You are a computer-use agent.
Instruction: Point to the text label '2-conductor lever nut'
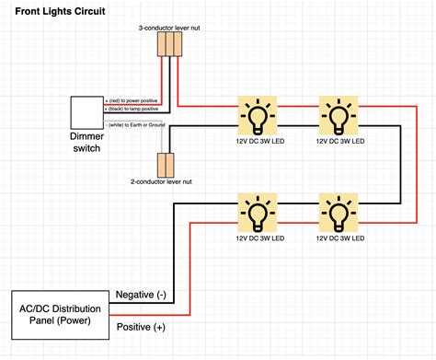pyautogui.click(x=161, y=183)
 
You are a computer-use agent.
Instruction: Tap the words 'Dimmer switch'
pyautogui.click(x=88, y=143)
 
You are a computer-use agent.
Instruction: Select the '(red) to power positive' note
pyautogui.click(x=136, y=99)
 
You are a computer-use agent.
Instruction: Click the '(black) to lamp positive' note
pyautogui.click(x=136, y=109)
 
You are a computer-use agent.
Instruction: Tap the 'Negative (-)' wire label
pyautogui.click(x=142, y=295)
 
